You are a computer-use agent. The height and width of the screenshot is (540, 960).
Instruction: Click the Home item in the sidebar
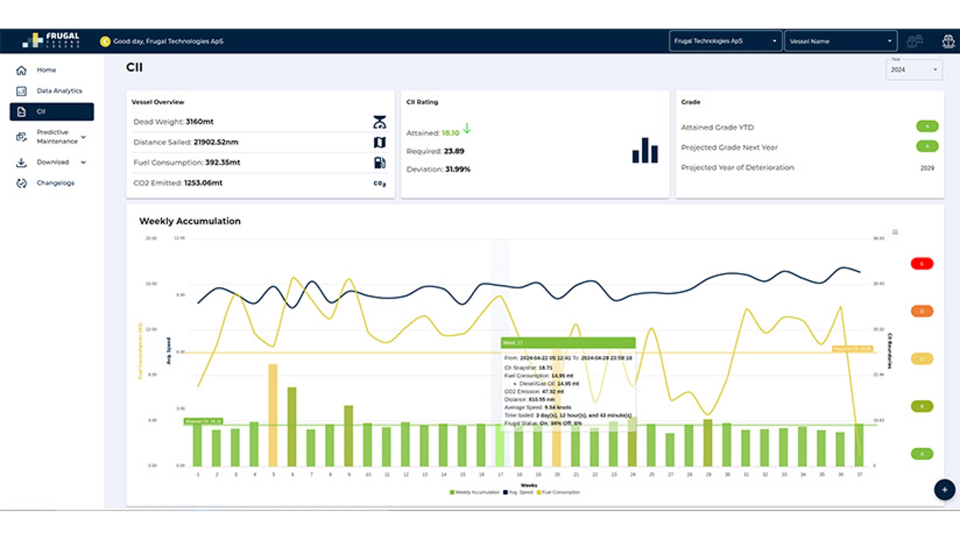pyautogui.click(x=45, y=70)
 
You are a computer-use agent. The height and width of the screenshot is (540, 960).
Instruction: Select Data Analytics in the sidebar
pyautogui.click(x=58, y=91)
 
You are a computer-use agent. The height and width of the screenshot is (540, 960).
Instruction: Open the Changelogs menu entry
pyautogui.click(x=55, y=183)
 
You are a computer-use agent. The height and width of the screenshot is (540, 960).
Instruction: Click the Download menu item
pyautogui.click(x=52, y=162)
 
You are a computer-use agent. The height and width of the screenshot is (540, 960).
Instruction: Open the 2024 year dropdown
pyautogui.click(x=913, y=70)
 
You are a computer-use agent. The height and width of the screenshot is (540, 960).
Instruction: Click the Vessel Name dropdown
pyautogui.click(x=840, y=41)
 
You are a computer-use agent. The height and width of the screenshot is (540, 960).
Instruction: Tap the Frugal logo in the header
pyautogui.click(x=51, y=40)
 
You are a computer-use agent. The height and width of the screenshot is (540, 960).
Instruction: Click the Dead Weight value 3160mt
pyautogui.click(x=199, y=122)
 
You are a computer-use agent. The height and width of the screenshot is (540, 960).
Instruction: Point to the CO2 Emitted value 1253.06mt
pyautogui.click(x=203, y=183)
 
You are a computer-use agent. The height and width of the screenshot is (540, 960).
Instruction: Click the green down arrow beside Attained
pyautogui.click(x=466, y=128)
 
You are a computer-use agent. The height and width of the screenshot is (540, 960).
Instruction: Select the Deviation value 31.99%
pyautogui.click(x=457, y=169)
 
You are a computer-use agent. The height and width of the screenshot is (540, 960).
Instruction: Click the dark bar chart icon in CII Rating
pyautogui.click(x=645, y=150)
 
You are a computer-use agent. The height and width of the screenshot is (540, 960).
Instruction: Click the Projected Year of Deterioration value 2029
pyautogui.click(x=926, y=168)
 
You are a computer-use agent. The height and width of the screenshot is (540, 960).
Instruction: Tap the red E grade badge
pyautogui.click(x=921, y=263)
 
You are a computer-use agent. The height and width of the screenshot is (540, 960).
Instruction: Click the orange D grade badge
pyautogui.click(x=921, y=311)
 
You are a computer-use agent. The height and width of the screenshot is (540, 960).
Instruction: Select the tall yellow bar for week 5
pyautogui.click(x=273, y=415)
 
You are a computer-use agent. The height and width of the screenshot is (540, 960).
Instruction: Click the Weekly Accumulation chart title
pyautogui.click(x=189, y=221)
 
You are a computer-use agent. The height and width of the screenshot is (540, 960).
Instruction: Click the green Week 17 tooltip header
pyautogui.click(x=568, y=342)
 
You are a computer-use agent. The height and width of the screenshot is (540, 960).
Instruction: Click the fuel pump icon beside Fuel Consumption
pyautogui.click(x=379, y=162)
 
